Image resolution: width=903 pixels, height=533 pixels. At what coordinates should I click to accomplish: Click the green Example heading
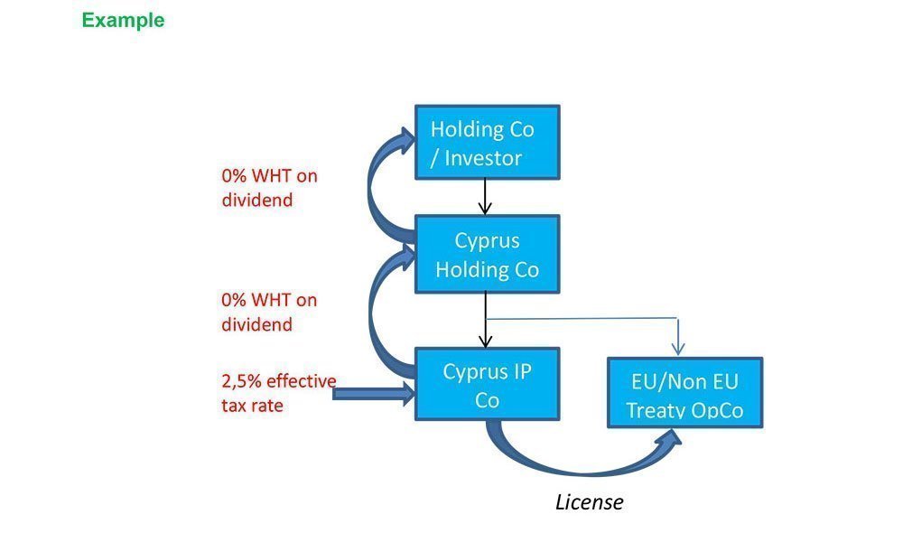(123, 20)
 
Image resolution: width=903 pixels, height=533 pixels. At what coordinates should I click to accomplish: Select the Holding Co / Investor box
(487, 143)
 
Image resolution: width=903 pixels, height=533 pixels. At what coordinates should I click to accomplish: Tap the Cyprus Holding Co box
(487, 255)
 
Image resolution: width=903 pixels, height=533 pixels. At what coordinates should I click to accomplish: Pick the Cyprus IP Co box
(487, 385)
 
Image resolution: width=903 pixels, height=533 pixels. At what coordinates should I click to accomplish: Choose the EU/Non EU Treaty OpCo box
(684, 394)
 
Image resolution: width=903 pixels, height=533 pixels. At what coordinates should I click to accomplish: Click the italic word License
(589, 502)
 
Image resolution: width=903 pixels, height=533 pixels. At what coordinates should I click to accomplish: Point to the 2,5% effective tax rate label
(278, 393)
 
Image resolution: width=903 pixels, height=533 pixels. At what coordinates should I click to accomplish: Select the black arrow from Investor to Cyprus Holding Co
(485, 197)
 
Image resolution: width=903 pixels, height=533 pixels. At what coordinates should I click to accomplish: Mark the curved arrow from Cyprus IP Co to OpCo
(578, 465)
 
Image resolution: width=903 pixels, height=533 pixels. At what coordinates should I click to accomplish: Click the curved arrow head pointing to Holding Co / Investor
(400, 139)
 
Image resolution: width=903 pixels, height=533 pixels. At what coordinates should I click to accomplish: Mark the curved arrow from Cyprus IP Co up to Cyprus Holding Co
(373, 307)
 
